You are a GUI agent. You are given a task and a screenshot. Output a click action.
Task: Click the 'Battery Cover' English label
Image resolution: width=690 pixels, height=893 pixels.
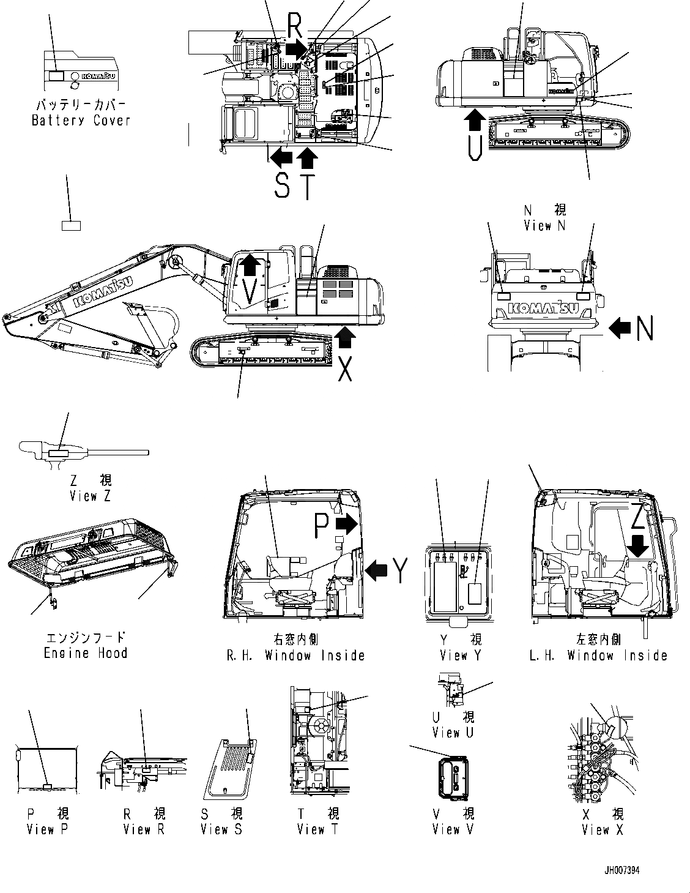click(x=81, y=120)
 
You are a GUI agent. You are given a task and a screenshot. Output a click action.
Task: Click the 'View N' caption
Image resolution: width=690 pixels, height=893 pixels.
click(x=545, y=225)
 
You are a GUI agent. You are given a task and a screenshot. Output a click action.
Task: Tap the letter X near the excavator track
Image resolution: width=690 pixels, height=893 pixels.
click(x=345, y=367)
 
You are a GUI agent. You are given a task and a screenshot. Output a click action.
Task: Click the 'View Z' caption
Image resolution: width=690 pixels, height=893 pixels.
click(x=91, y=496)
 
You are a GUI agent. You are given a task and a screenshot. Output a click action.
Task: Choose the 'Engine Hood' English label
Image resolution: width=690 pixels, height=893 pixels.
click(x=86, y=653)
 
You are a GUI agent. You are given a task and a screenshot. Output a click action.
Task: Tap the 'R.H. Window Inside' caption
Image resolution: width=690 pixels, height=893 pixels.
click(x=295, y=656)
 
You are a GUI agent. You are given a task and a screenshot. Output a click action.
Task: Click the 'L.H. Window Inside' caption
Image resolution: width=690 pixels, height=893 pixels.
click(x=598, y=656)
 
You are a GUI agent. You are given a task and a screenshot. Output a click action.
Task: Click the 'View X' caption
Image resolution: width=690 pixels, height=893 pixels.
click(x=603, y=830)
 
